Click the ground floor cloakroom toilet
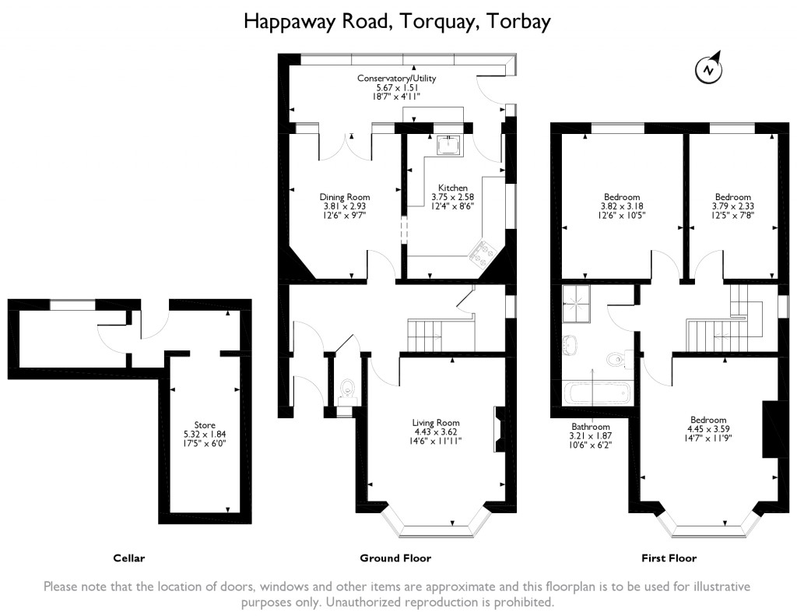(348, 388)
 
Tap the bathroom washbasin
(568, 343)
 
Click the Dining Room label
(345, 197)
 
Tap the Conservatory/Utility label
(397, 79)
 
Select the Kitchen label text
(453, 188)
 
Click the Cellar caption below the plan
(129, 558)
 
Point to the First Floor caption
(669, 558)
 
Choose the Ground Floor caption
(395, 558)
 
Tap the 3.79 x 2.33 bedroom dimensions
(733, 206)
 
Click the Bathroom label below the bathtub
(591, 427)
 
